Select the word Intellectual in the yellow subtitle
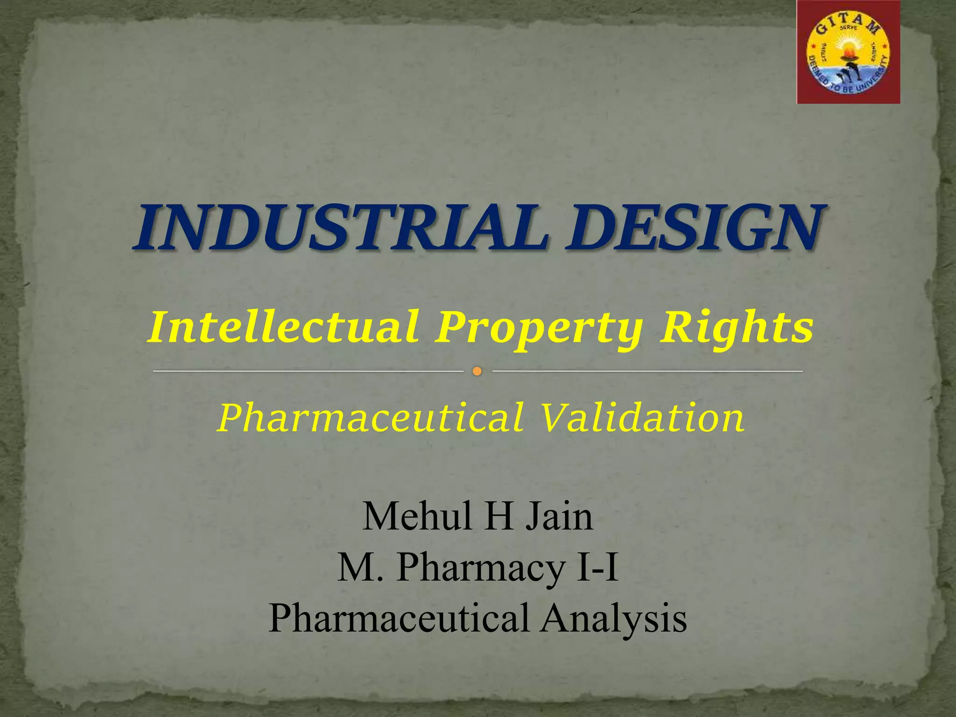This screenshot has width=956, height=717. point(283,327)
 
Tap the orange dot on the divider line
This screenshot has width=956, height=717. point(477,372)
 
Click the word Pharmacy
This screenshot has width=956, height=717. point(481,568)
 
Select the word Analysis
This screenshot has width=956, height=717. point(614,618)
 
